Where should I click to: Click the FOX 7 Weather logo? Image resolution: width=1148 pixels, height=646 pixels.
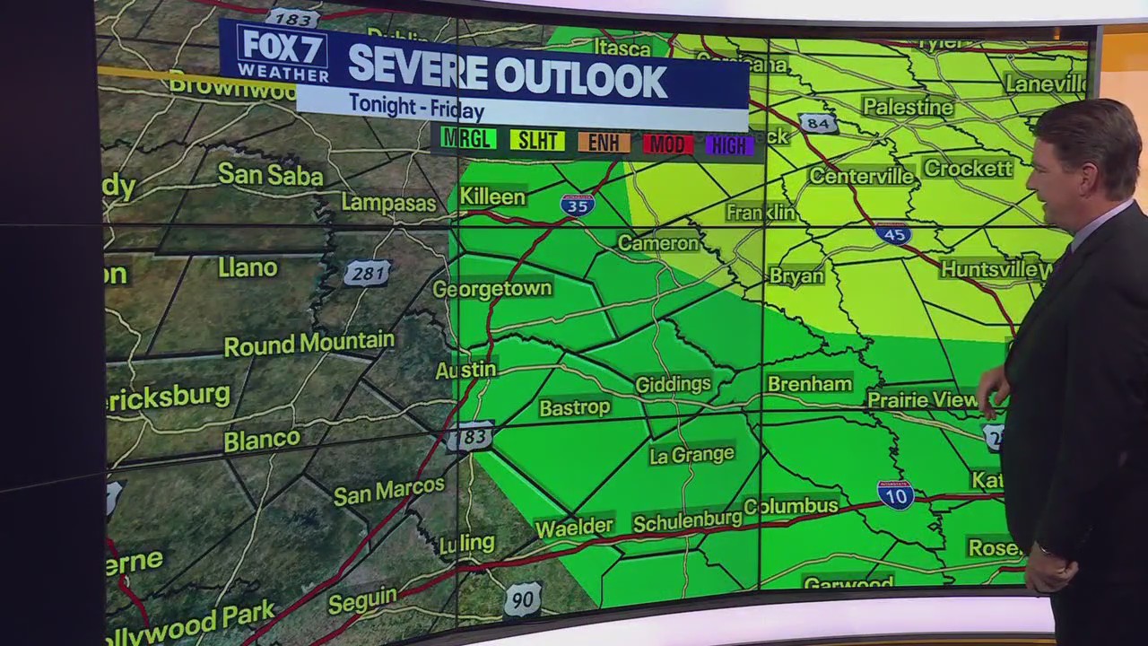click(x=282, y=54)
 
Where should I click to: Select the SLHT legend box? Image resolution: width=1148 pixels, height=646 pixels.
click(x=537, y=140)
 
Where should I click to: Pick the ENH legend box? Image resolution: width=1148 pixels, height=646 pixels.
click(x=604, y=142)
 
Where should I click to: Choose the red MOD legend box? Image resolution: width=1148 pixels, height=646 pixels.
click(x=667, y=144)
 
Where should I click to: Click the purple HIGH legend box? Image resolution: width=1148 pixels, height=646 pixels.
click(x=729, y=145)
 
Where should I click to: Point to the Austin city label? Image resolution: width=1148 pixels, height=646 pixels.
click(x=465, y=370)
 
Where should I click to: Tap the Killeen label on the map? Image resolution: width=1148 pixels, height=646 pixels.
click(x=492, y=196)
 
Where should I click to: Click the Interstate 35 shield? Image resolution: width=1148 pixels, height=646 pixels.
click(x=577, y=205)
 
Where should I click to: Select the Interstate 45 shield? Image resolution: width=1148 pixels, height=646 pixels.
click(x=893, y=234)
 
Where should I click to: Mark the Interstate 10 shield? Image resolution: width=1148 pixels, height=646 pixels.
click(x=895, y=493)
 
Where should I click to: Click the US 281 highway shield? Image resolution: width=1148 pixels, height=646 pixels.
click(x=367, y=274)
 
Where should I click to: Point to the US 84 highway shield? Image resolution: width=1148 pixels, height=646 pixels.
click(x=817, y=123)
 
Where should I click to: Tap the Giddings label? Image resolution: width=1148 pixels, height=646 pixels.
click(x=673, y=385)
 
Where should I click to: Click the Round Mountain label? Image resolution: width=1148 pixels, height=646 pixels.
click(x=309, y=344)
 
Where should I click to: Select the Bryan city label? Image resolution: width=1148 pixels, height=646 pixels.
click(x=796, y=276)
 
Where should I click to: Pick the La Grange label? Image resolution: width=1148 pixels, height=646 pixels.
click(x=691, y=455)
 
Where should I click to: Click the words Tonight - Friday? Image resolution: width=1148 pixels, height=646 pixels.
click(x=416, y=106)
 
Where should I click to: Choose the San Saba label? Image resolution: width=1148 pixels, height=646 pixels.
click(x=270, y=174)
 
